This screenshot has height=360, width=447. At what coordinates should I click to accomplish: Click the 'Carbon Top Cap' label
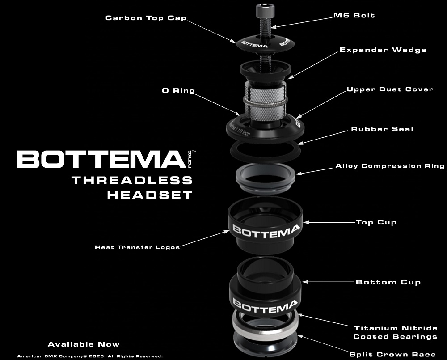(x=146, y=18)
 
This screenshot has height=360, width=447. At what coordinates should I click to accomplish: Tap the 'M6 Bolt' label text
(x=354, y=15)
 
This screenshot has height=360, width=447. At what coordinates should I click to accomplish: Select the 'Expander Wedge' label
(x=383, y=50)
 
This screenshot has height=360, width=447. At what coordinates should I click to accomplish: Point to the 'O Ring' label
(x=178, y=91)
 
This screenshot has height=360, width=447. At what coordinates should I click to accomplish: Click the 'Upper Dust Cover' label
(x=390, y=89)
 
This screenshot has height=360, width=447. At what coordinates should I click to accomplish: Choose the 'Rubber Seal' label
(x=382, y=129)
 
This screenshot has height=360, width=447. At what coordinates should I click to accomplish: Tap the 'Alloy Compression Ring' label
(x=390, y=166)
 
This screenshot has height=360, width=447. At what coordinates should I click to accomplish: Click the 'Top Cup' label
(x=376, y=223)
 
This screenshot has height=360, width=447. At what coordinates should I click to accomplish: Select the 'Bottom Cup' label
(x=388, y=282)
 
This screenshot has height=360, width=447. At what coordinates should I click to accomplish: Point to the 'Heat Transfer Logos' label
(x=137, y=247)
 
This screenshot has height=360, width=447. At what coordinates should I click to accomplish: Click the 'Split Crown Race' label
(x=392, y=355)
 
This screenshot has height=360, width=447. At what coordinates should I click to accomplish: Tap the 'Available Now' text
(x=84, y=344)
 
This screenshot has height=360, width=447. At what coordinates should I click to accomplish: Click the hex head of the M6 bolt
(x=266, y=11)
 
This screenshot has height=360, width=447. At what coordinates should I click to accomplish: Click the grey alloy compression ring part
(x=265, y=178)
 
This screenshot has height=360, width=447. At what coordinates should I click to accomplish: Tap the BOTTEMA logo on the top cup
(x=266, y=230)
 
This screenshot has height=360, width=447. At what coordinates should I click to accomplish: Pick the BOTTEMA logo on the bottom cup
(x=265, y=306)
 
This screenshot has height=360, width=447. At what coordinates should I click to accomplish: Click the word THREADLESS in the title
(x=132, y=181)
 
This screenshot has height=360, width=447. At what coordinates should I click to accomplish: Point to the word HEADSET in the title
(x=150, y=195)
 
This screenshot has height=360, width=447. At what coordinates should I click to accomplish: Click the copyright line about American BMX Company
(x=90, y=356)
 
